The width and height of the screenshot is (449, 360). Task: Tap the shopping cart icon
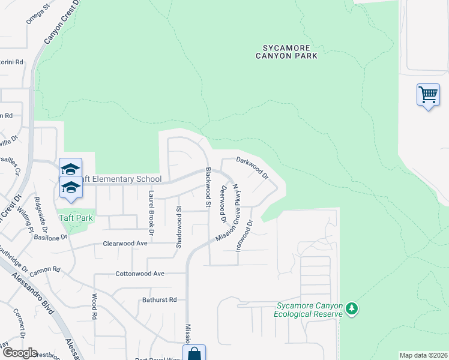tap(428, 95)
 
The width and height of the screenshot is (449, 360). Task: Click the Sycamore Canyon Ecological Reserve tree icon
tap(352, 309)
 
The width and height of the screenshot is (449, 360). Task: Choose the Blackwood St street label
tap(208, 187)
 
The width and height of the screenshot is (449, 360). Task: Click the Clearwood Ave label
tap(125, 244)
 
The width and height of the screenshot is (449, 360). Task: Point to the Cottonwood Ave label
tap(140, 274)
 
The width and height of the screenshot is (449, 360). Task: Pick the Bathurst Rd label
tap(160, 299)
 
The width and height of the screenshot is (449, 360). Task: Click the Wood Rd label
tap(94, 306)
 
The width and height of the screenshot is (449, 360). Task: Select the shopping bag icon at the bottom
tap(194, 354)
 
